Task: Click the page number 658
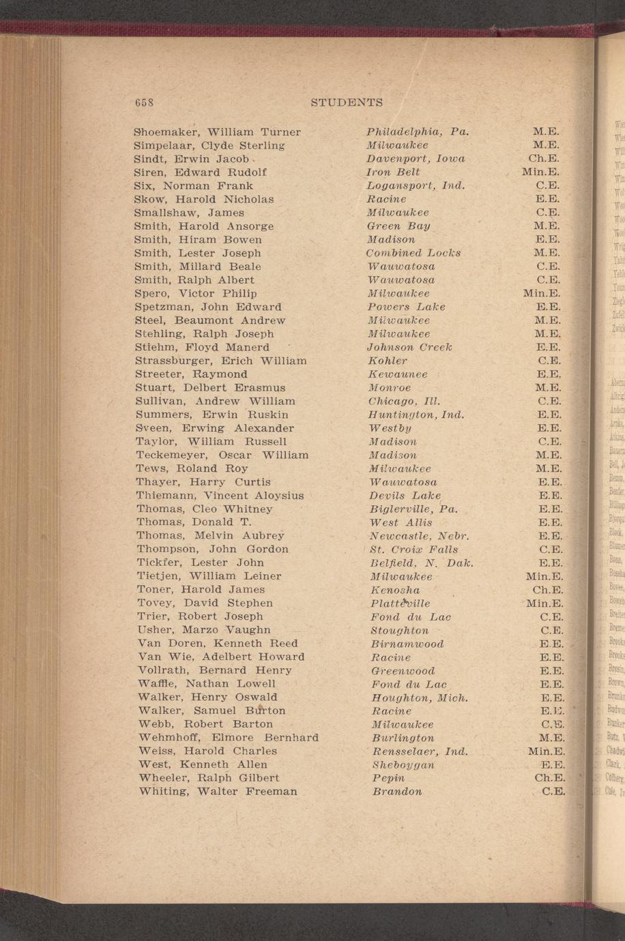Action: [x=143, y=102]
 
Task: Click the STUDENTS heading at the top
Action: [x=346, y=102]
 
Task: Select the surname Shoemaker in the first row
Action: [x=166, y=132]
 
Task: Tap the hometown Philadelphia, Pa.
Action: [x=417, y=132]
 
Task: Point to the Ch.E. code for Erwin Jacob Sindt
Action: [x=544, y=158]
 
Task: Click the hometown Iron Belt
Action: [x=393, y=172]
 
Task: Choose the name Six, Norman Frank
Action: [x=194, y=185]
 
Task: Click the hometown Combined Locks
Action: [x=413, y=253]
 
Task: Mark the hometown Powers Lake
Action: [x=406, y=307]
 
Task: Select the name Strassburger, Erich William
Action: [x=220, y=361]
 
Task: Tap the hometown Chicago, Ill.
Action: [x=404, y=401]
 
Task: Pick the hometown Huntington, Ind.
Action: [x=416, y=415]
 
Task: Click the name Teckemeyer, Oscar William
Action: [x=222, y=455]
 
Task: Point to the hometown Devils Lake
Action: [x=405, y=496]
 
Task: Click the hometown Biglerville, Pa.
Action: [x=413, y=509]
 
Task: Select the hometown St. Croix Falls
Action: [x=413, y=550]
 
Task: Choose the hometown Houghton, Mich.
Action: [x=419, y=698]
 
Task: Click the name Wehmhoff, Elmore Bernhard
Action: [x=228, y=738]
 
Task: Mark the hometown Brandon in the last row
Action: [x=397, y=792]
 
